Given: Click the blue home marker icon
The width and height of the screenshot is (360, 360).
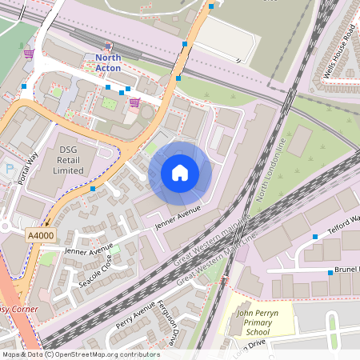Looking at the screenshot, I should (x=180, y=172).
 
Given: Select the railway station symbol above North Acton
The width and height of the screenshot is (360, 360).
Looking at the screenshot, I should (x=109, y=46).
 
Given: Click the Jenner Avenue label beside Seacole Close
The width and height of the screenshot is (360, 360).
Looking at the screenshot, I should (x=89, y=252).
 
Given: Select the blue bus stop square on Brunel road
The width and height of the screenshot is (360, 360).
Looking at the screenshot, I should (x=330, y=272).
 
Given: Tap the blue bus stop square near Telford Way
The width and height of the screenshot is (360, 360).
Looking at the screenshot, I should (x=315, y=237).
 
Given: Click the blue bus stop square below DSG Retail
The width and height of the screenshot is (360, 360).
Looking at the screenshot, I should (x=94, y=189).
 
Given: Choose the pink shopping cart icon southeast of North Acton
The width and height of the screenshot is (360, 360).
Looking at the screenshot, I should (x=134, y=102).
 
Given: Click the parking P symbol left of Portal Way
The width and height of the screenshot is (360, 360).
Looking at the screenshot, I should (x=9, y=169).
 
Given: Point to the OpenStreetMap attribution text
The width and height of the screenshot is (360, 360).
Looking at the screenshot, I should (x=80, y=354).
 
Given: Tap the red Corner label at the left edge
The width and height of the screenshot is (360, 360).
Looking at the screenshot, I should (x=20, y=309).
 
